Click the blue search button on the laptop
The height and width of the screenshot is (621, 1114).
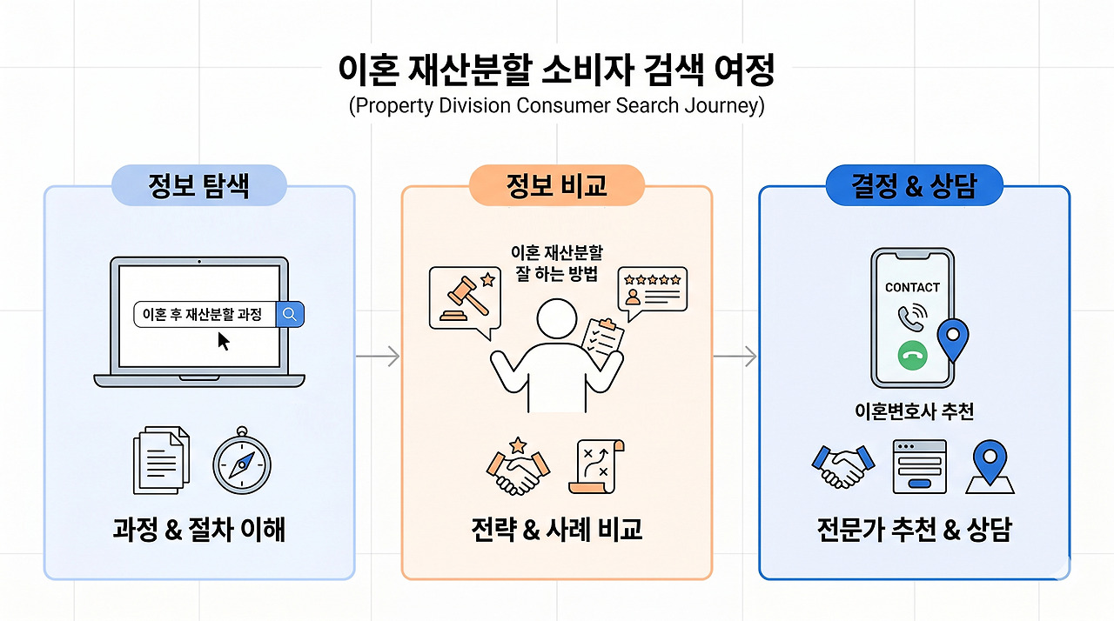coord(290,314)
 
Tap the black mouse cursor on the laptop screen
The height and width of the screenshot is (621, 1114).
coord(224,341)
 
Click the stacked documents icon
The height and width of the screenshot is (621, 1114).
coord(161,460)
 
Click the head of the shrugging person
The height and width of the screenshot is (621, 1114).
coord(556,319)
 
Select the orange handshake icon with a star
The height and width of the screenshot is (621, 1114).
coord(518,466)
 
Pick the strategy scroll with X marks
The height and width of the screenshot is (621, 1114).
coord(597,466)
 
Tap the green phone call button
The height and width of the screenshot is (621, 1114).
coord(912,355)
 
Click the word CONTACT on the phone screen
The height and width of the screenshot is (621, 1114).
coord(912,288)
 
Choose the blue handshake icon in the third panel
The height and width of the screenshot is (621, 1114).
coord(843,466)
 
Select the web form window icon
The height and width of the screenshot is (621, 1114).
coord(920,466)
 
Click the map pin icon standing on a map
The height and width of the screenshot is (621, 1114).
coord(990,466)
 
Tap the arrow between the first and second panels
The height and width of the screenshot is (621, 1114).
coord(378,357)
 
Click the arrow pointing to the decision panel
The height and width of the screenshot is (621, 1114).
coord(735,357)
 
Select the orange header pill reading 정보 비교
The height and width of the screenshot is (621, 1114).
coord(556,185)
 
